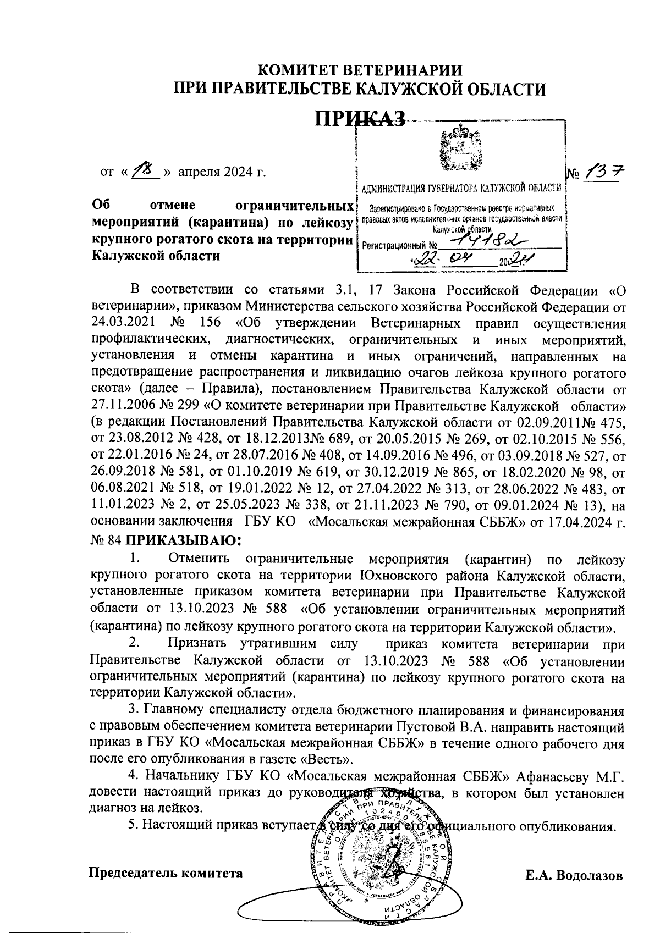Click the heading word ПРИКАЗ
click(x=360, y=117)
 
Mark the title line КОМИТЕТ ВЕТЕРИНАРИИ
click(x=360, y=71)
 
